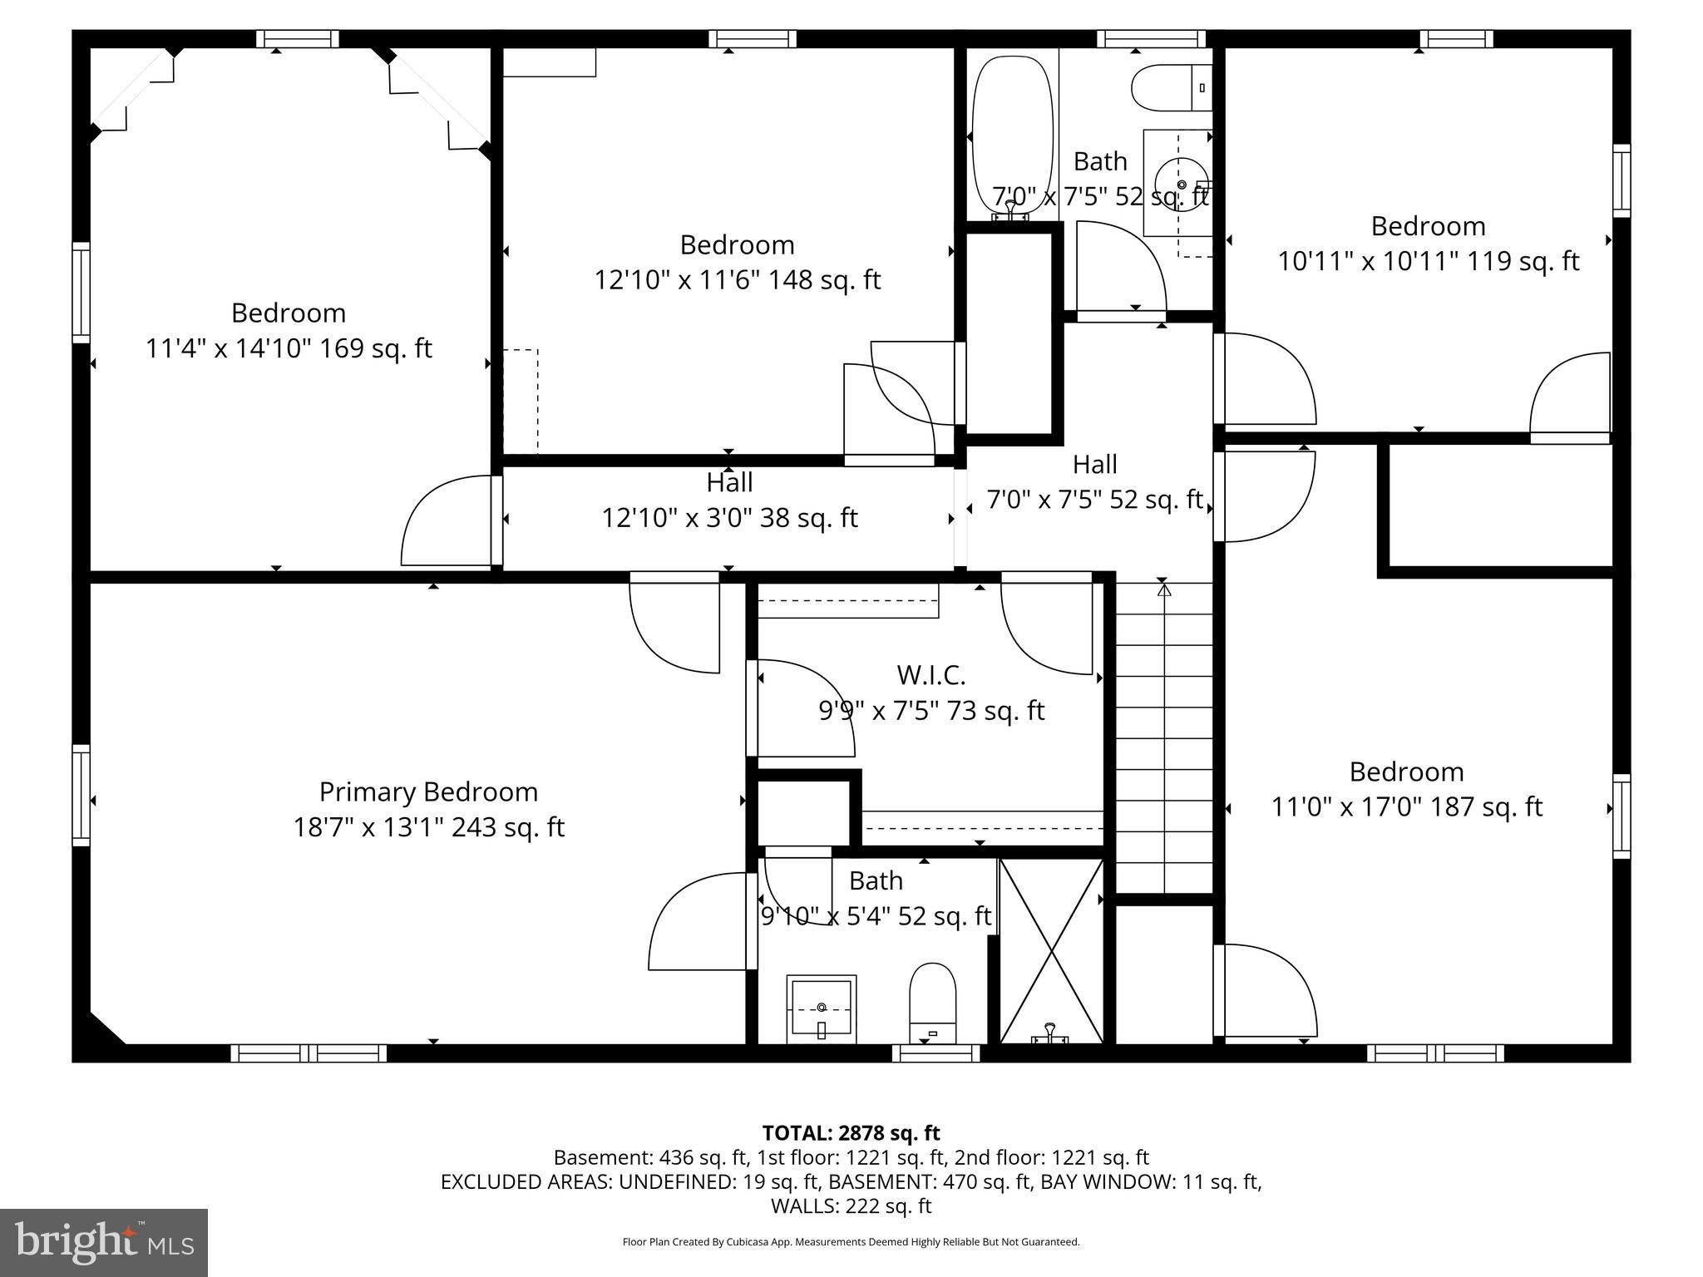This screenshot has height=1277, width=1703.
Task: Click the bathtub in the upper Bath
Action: point(1013,133)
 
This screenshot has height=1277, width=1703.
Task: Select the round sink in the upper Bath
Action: point(1181,185)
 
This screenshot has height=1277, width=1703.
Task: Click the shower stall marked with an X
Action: point(1051,951)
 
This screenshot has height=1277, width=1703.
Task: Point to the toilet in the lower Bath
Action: point(932,1001)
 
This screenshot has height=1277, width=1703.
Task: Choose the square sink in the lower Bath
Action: point(821,1008)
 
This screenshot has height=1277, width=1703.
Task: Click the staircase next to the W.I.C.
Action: point(1163,740)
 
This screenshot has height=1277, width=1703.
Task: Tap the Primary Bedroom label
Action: point(428,791)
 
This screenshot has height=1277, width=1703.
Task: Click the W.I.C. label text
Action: point(930,675)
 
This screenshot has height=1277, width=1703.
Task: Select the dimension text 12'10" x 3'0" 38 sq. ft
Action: point(729,518)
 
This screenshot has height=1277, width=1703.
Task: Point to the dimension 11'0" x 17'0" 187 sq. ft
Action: point(1406,807)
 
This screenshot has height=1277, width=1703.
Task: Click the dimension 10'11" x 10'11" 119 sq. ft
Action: point(1428,261)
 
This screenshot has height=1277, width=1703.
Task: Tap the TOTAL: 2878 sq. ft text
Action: point(851,1132)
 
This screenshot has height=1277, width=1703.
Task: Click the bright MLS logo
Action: point(104,1242)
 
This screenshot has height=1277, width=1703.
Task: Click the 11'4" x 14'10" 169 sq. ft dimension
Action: point(289,348)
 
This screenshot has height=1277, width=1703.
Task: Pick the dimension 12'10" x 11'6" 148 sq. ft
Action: point(737,280)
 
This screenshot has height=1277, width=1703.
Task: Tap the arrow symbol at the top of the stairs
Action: point(1164,590)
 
